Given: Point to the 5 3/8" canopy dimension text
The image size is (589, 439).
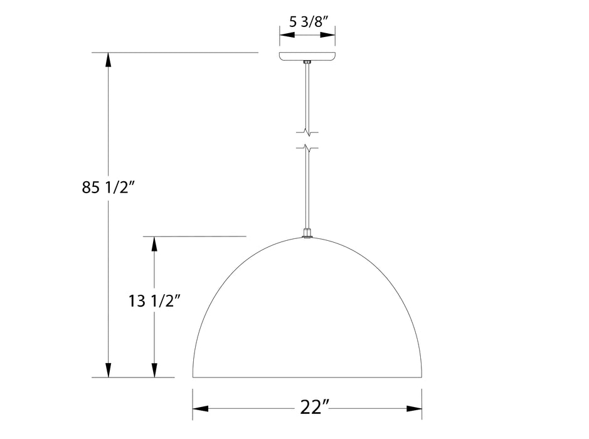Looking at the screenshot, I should [x=307, y=21].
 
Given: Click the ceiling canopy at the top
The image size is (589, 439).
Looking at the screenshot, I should [x=307, y=56].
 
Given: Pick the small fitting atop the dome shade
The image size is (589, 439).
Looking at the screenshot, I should [x=307, y=234].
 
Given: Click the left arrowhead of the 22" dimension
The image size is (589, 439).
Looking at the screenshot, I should [x=200, y=409].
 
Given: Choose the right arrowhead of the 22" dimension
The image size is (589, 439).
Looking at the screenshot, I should [x=414, y=409].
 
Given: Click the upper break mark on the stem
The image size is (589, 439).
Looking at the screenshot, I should [x=307, y=132].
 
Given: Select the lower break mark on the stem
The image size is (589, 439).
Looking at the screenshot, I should [x=307, y=148].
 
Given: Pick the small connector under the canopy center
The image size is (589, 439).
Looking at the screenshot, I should [x=307, y=62].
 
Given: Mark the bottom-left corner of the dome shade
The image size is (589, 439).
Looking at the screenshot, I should [x=193, y=376].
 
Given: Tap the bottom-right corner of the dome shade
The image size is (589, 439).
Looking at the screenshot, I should [x=421, y=376].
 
